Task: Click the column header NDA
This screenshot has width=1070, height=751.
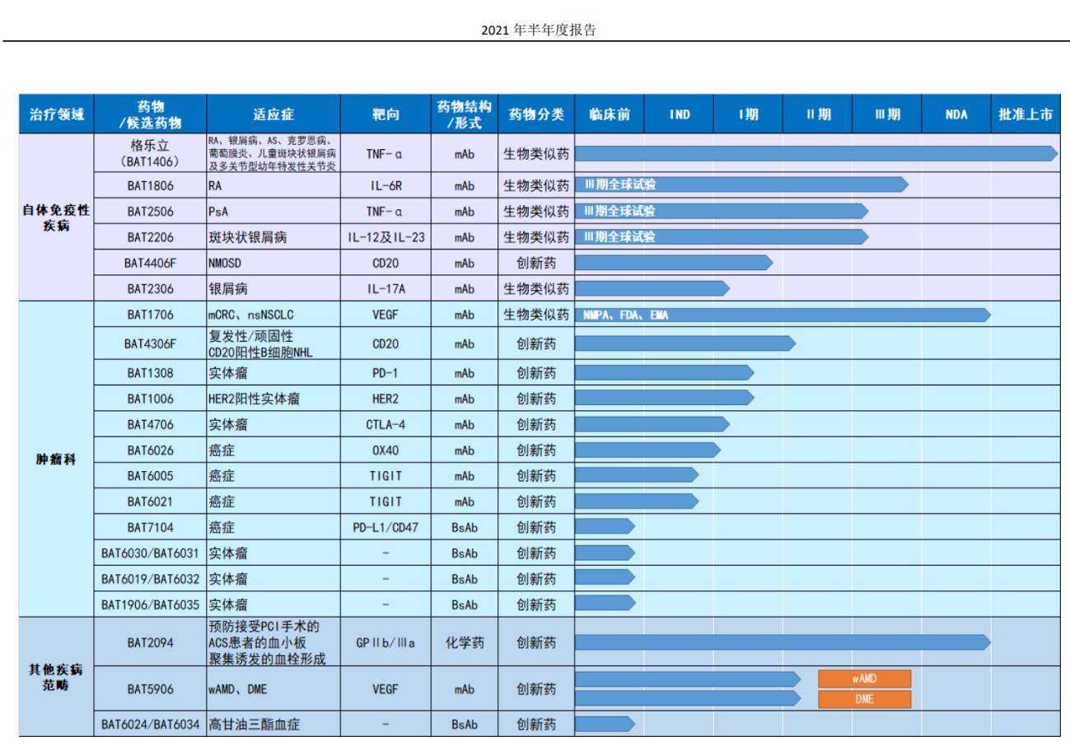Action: click(956, 114)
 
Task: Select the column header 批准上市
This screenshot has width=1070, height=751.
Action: click(1025, 114)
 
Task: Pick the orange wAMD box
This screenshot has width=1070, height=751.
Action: click(864, 678)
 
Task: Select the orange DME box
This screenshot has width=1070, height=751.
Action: click(864, 699)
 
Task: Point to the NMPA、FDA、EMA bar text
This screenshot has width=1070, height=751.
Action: click(625, 314)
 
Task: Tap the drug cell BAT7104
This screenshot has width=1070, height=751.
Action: click(149, 526)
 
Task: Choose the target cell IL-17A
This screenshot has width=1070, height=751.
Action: click(385, 289)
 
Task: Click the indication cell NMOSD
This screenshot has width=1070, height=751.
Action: click(227, 263)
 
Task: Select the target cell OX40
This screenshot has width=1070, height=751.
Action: click(385, 450)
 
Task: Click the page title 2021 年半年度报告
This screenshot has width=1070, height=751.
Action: click(535, 30)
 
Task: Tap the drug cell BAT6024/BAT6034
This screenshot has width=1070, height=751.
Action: click(149, 725)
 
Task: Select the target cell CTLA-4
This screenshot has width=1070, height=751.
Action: click(385, 425)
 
